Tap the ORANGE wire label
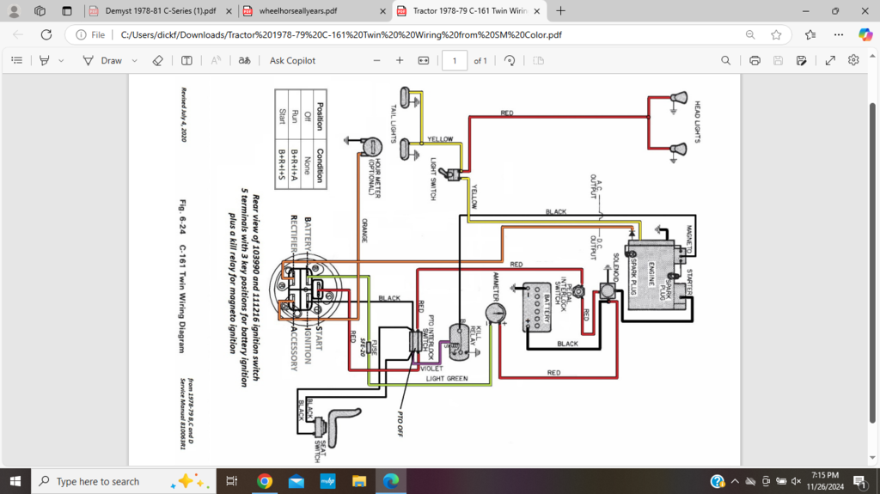(364, 229)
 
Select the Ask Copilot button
(292, 60)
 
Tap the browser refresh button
(46, 34)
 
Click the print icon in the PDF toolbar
(755, 60)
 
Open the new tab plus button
(560, 11)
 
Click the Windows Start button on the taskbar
(15, 481)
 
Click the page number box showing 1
(455, 60)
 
